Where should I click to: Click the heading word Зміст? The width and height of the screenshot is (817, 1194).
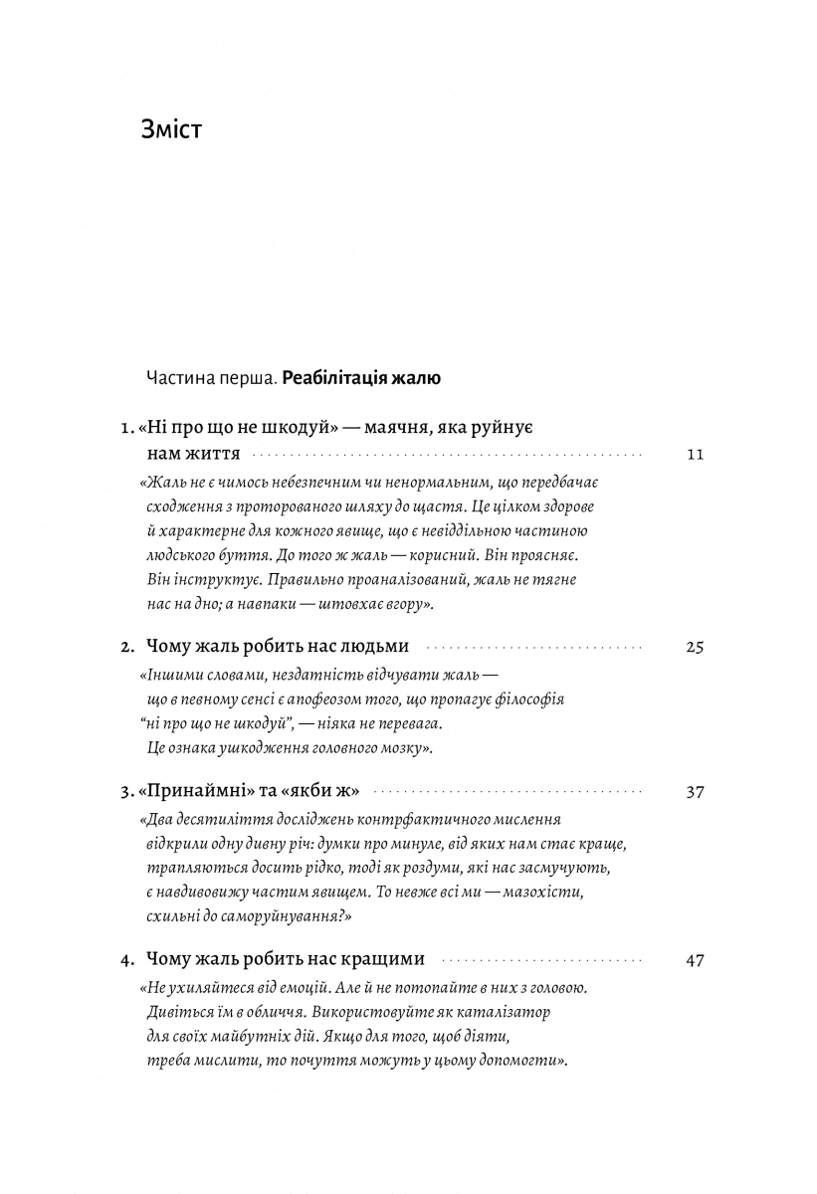(172, 129)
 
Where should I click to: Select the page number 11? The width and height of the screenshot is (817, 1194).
(695, 455)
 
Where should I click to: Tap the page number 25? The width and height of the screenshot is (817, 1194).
(695, 647)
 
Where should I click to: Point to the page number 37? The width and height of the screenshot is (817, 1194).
(695, 792)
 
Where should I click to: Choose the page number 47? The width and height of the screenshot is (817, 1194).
(695, 960)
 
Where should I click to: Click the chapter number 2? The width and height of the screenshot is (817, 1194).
(127, 647)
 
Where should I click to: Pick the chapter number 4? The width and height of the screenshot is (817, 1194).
(126, 960)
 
